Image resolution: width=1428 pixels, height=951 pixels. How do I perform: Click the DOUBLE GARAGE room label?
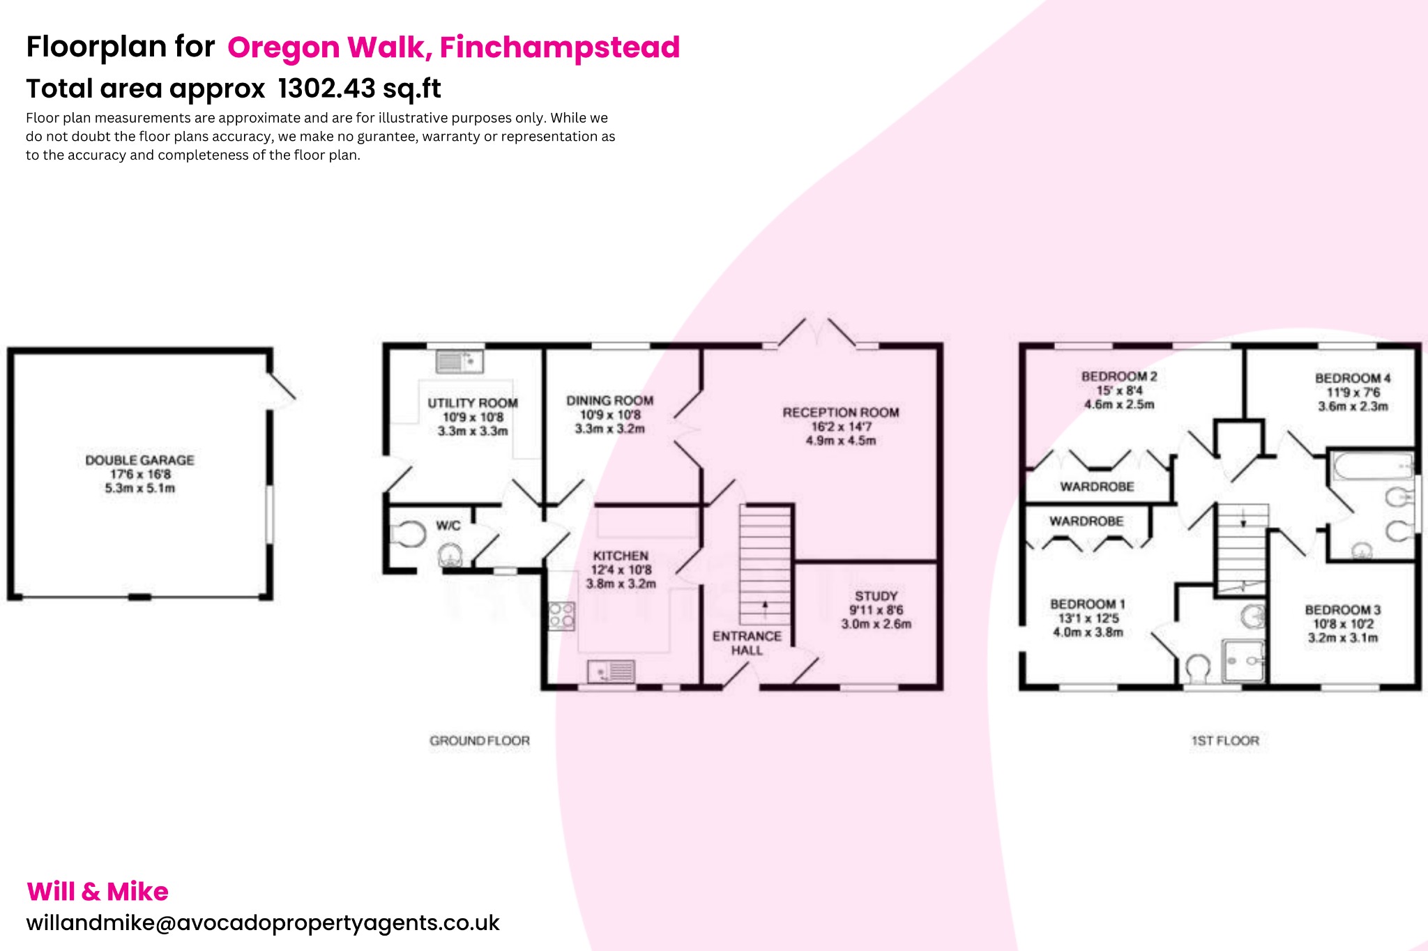139,461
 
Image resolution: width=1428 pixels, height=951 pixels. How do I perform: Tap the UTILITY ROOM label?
473,403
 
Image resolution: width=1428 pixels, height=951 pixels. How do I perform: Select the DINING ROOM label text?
609,401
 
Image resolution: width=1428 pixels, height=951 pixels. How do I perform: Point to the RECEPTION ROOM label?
840,413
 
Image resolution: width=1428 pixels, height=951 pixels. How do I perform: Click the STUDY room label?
876,596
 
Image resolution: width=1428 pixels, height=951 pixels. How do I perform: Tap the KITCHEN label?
621,556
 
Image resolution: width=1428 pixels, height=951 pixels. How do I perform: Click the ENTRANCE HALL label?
747,643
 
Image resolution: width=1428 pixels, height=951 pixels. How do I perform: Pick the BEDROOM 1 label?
1087,604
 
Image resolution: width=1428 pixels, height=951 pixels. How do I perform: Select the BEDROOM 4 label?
1352,379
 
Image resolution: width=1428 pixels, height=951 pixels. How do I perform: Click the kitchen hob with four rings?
561,616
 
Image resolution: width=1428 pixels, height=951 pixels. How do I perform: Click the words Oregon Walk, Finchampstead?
453,47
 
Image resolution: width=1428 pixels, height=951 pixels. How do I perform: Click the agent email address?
263,922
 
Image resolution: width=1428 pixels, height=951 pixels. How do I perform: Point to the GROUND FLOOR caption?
480,740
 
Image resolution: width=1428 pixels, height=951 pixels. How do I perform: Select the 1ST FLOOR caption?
1225,740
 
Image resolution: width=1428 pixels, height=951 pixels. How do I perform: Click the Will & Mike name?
98,891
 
